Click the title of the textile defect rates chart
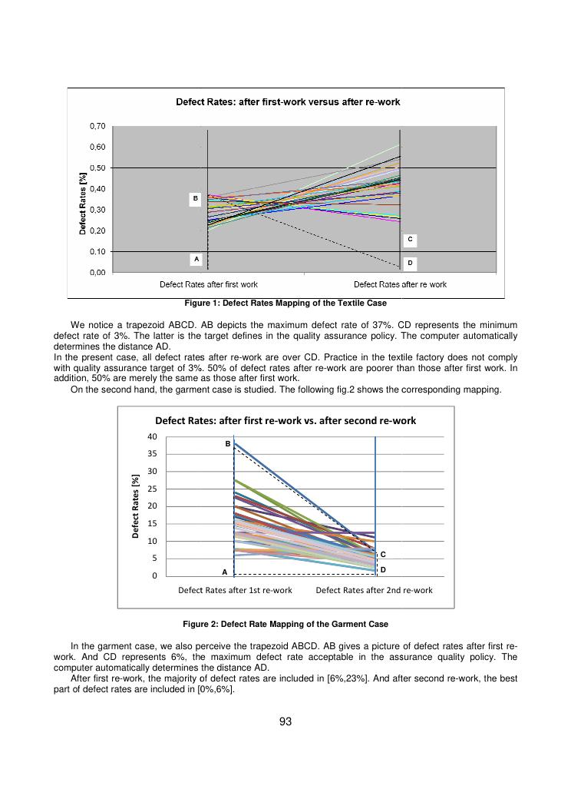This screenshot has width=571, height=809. click(x=288, y=101)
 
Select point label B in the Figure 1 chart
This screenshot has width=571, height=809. click(x=196, y=199)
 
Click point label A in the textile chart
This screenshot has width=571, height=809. click(x=196, y=260)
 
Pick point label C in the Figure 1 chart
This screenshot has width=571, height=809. click(x=410, y=240)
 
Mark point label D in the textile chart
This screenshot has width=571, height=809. click(x=410, y=264)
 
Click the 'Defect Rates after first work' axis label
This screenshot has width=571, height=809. click(x=209, y=284)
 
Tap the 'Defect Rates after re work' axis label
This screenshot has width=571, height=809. click(x=400, y=284)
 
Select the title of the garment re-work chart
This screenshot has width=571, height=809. click(x=285, y=420)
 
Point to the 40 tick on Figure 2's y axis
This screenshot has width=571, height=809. click(x=152, y=436)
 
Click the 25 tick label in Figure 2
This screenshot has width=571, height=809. click(x=152, y=489)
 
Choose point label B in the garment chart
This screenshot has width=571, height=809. click(x=227, y=444)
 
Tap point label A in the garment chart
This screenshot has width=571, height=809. click(x=225, y=572)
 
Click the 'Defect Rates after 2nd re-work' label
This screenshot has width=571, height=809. click(x=374, y=590)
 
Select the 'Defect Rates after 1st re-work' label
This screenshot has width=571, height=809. click(x=235, y=590)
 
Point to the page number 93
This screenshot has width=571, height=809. click(x=285, y=721)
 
